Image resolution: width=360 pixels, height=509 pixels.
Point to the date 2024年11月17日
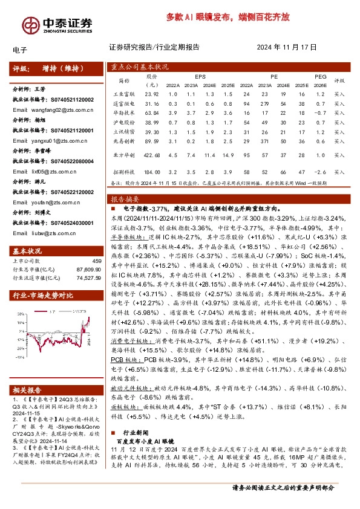click(x=287, y=47)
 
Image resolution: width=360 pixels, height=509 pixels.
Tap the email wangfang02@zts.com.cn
click(x=53, y=110)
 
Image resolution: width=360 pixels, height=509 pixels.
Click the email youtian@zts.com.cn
click(x=48, y=204)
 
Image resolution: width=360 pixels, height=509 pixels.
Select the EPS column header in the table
click(x=200, y=77)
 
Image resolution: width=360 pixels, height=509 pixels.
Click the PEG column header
click(x=321, y=77)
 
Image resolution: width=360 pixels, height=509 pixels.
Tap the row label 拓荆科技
click(x=123, y=172)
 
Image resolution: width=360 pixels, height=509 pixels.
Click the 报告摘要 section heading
click(x=125, y=198)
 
